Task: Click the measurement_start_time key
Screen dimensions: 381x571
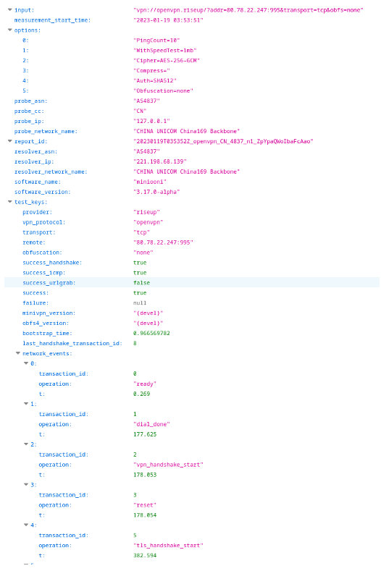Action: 52,20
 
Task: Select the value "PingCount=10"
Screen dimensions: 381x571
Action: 156,41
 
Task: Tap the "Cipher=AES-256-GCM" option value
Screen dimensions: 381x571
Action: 167,61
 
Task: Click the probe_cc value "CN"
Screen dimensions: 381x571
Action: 140,111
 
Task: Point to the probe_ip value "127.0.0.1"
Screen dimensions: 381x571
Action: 151,122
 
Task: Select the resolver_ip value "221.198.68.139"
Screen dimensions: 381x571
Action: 160,161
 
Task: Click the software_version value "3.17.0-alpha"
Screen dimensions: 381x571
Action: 156,192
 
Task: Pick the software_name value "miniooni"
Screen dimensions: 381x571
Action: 150,182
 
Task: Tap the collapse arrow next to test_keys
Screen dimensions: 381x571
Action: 10,202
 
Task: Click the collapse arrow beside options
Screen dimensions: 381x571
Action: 10,30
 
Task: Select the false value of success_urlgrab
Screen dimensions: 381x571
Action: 141,283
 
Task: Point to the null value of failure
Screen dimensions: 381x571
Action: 140,303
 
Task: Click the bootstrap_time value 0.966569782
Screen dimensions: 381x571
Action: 151,333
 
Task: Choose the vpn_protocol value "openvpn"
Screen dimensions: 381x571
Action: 148,222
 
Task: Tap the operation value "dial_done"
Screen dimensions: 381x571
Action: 151,424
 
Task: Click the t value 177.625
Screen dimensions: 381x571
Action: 145,434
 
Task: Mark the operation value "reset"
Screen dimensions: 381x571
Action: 145,505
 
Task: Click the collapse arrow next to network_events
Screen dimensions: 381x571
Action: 18,353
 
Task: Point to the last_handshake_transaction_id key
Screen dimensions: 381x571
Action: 72,344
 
